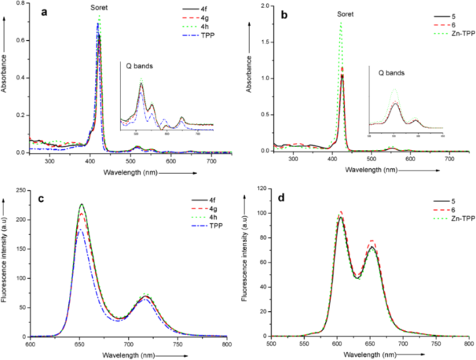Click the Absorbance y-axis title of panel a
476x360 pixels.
[x=6, y=72]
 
